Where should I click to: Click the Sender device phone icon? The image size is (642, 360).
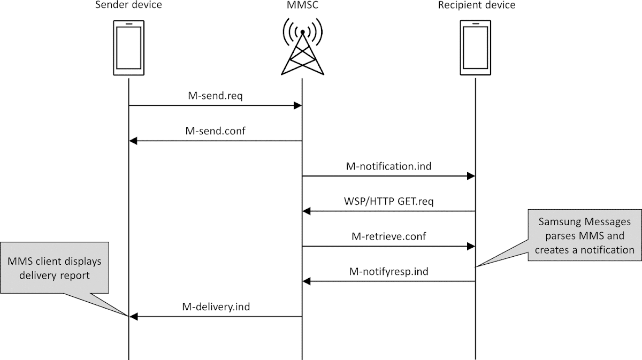pos(128,48)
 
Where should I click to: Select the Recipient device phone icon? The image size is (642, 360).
pos(475,48)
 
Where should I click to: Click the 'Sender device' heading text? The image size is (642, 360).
pos(128,6)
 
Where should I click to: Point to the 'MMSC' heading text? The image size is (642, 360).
pos(302,6)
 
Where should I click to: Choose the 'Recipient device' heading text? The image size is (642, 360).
pos(476,6)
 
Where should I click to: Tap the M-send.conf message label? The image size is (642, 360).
pos(216,131)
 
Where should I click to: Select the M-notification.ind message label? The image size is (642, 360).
pos(389,166)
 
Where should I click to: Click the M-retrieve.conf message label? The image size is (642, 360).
pos(389,236)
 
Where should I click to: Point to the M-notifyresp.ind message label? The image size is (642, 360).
pos(389,271)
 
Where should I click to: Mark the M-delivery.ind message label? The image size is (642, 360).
pos(216,307)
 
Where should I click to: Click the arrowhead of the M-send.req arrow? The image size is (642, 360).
pos(298,106)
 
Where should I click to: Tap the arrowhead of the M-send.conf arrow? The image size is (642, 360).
pos(133,141)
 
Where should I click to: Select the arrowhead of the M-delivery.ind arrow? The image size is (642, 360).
pos(133,317)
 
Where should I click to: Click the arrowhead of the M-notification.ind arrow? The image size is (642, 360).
pos(471,176)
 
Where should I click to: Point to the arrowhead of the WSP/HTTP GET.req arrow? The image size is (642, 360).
pos(307,211)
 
